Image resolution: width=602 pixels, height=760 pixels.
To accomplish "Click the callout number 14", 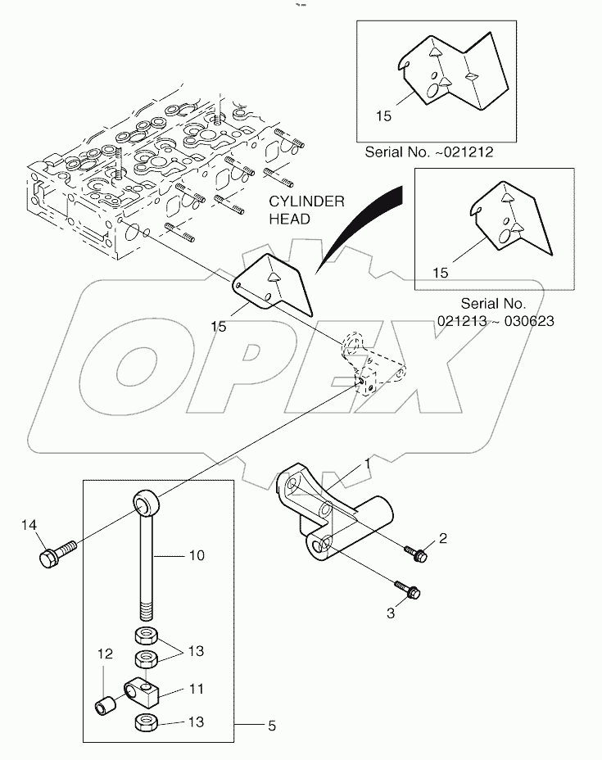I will click(x=29, y=526).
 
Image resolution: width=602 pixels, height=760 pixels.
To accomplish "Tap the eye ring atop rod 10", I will click(x=145, y=498).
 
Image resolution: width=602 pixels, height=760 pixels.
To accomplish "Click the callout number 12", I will click(x=104, y=654).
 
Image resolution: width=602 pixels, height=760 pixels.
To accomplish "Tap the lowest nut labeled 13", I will click(x=145, y=723).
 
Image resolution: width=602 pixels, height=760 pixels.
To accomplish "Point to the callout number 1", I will click(x=368, y=464).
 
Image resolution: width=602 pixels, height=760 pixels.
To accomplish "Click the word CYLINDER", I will click(x=307, y=202).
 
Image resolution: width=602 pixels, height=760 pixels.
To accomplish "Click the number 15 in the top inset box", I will click(x=384, y=116).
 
